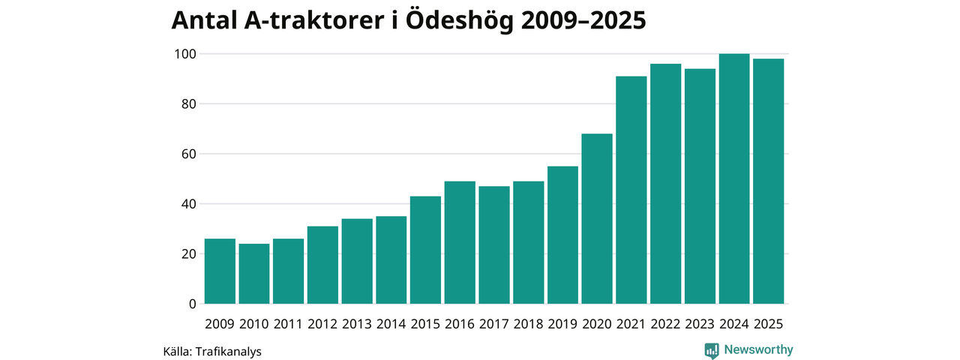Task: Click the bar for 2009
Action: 220,271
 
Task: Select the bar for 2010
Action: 254,274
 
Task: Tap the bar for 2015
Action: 425,250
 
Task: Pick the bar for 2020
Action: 597,218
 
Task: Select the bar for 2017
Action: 494,244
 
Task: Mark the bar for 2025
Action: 769,181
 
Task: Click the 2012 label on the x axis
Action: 322,324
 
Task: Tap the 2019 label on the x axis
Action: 562,324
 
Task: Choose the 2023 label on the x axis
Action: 700,324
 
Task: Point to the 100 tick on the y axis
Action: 185,54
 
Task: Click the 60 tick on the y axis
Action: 188,154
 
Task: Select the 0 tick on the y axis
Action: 192,304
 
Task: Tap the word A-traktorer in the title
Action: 314,20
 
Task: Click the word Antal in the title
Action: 204,20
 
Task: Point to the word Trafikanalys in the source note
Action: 228,351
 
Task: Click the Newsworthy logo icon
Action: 712,350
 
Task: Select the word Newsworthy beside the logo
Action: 758,349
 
